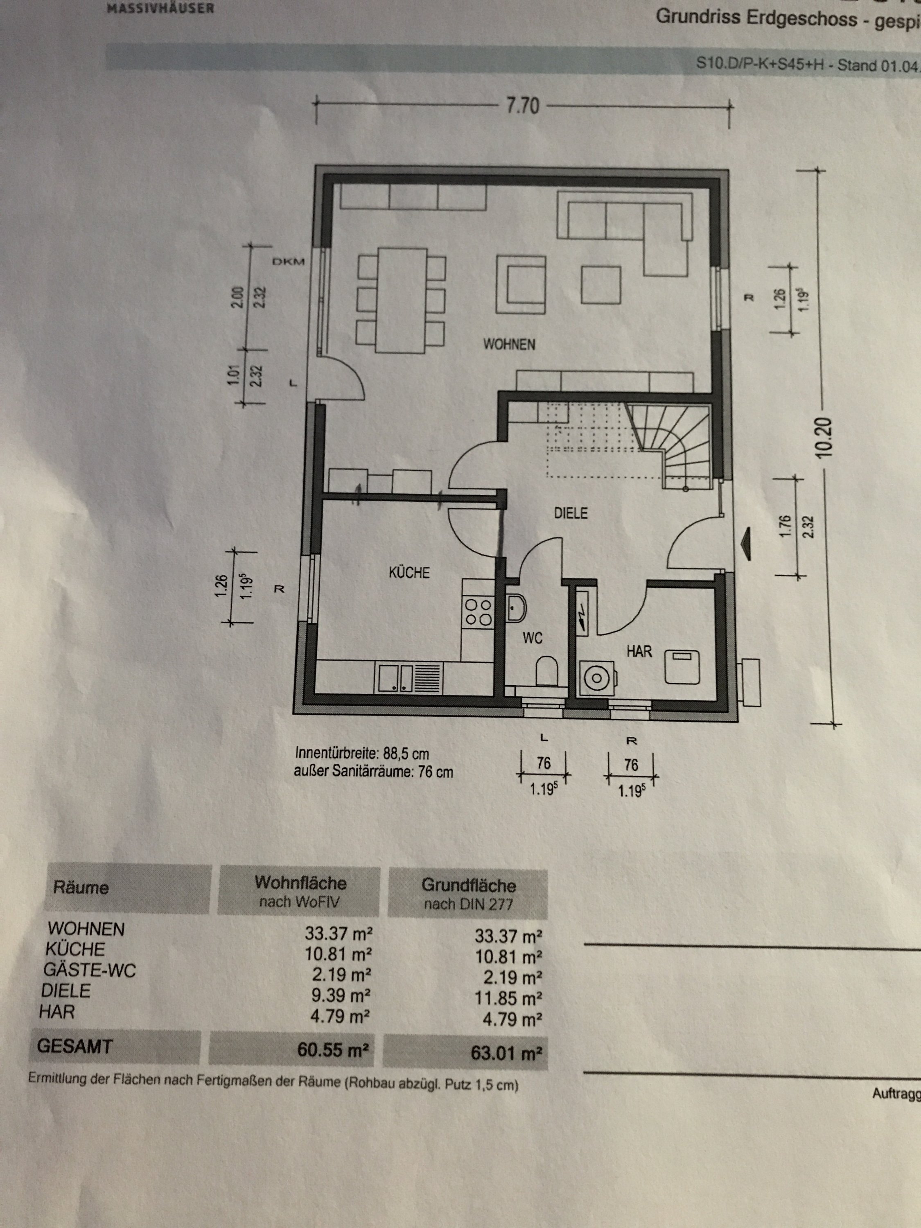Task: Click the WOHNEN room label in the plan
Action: pyautogui.click(x=509, y=344)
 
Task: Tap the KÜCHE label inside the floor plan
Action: pyautogui.click(x=409, y=572)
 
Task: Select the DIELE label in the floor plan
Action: pyautogui.click(x=571, y=513)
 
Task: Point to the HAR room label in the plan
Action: pyautogui.click(x=639, y=651)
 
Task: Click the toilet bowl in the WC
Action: pyautogui.click(x=547, y=671)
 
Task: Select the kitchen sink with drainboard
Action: pyautogui.click(x=409, y=678)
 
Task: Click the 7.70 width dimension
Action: pyautogui.click(x=522, y=106)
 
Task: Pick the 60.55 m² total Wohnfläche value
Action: pyautogui.click(x=333, y=1049)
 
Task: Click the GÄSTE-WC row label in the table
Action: pyautogui.click(x=89, y=970)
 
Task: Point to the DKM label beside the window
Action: pyautogui.click(x=288, y=262)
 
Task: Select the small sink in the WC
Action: pyautogui.click(x=517, y=608)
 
